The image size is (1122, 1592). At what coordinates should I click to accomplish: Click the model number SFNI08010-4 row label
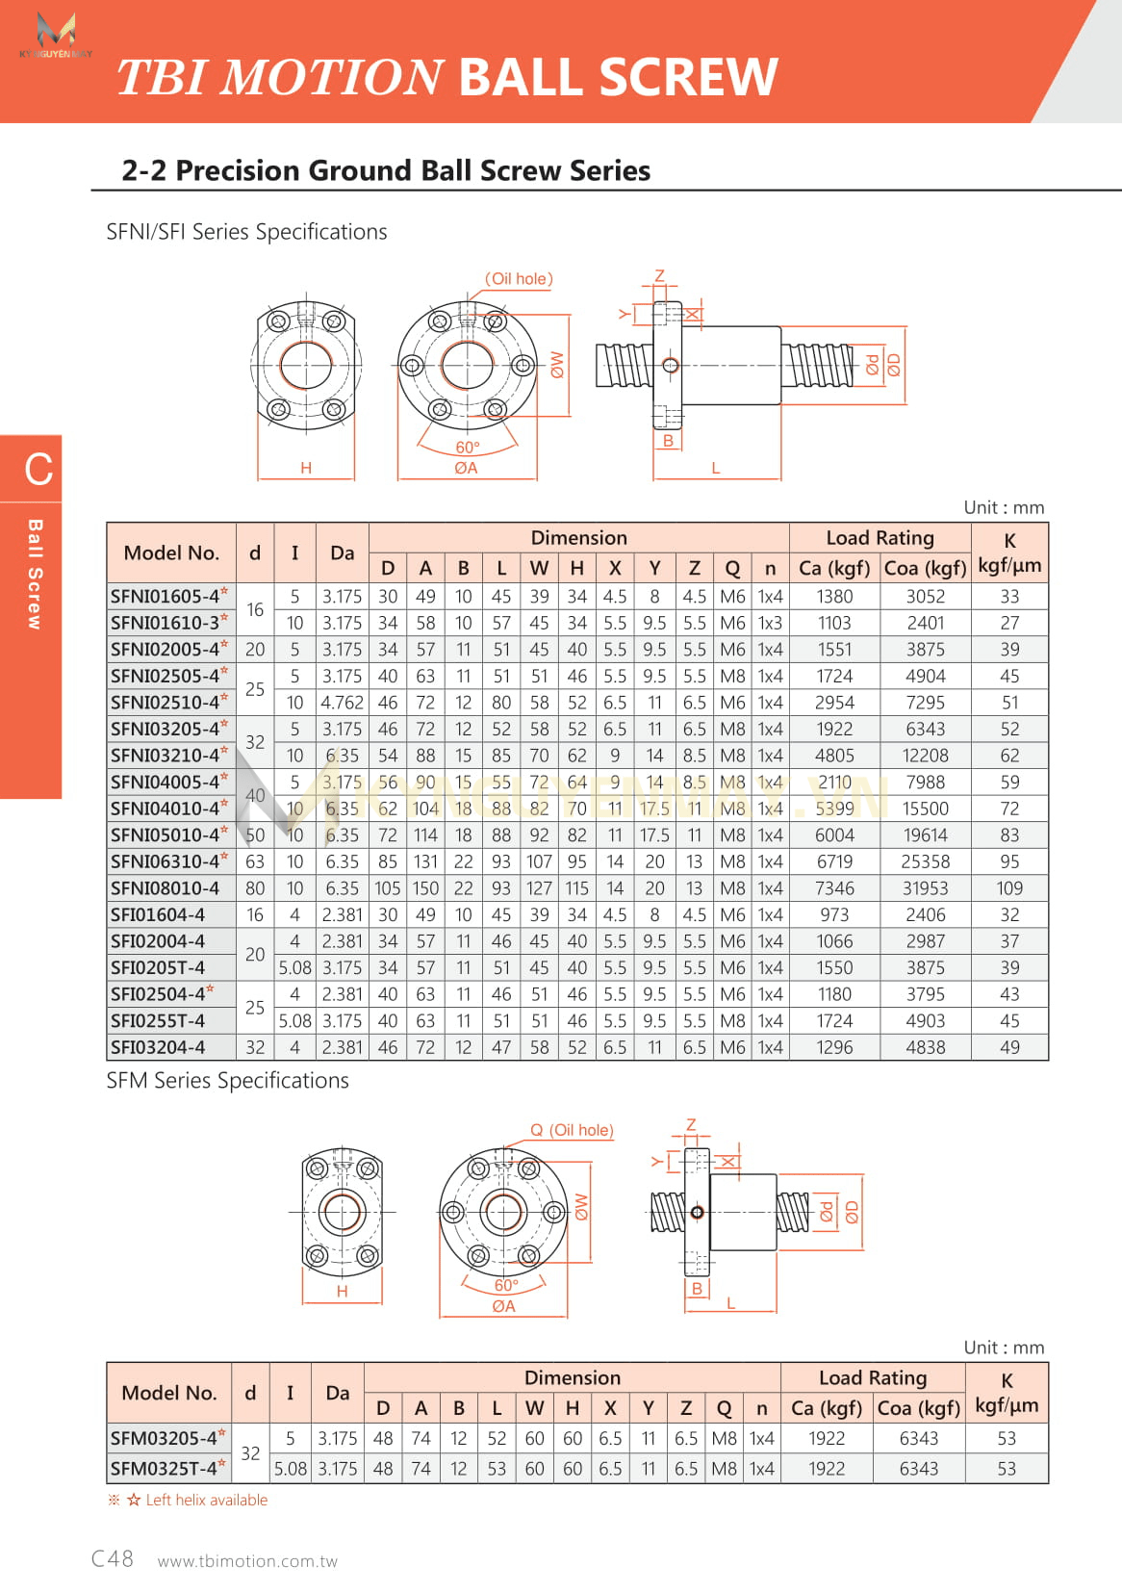tap(165, 888)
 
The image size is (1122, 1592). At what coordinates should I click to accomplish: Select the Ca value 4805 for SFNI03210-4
tap(834, 756)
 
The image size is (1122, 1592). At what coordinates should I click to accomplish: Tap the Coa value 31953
tap(925, 888)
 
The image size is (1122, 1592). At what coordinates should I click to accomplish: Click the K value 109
tap(1009, 888)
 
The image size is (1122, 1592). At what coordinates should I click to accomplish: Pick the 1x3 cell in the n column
tap(770, 623)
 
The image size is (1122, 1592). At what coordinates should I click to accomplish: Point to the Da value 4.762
tap(342, 703)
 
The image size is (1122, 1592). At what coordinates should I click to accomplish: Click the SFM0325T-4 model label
tap(164, 1469)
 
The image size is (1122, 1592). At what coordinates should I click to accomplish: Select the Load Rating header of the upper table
tap(880, 538)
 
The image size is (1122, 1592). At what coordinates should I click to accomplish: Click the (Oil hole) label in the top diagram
tap(519, 279)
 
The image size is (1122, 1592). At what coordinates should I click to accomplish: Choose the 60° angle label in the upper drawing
tap(468, 448)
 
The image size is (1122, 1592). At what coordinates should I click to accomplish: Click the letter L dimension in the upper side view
tap(715, 468)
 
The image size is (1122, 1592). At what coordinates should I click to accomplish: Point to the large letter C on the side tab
tap(38, 470)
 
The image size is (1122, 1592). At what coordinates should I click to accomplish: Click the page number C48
tap(112, 1558)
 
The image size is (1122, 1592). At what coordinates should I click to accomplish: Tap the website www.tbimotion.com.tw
tap(247, 1561)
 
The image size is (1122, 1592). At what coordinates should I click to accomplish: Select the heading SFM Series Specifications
tap(227, 1081)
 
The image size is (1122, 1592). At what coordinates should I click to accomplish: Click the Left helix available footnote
tap(206, 1500)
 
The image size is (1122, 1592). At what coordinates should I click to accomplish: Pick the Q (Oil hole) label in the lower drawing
tap(572, 1130)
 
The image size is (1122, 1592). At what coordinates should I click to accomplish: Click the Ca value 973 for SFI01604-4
tap(834, 914)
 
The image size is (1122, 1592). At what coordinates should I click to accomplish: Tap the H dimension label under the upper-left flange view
tap(306, 468)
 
